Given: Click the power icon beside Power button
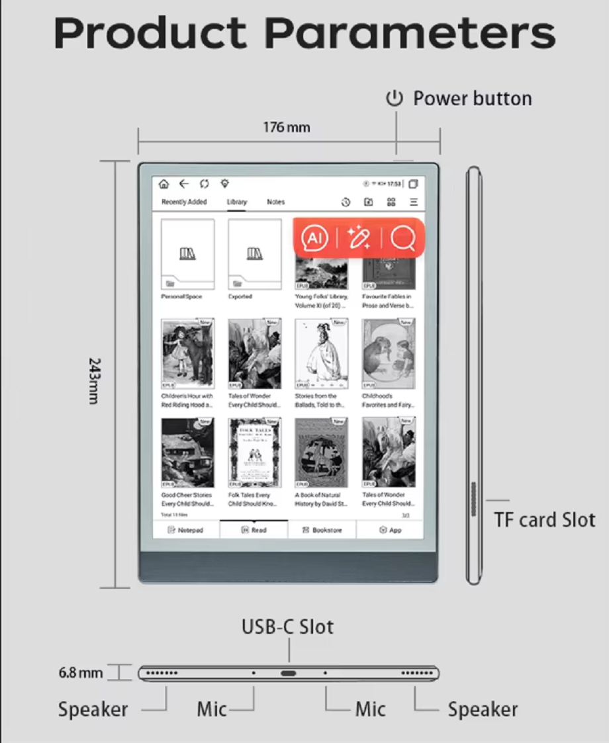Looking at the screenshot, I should click(395, 99).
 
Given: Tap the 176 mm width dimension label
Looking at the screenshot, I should click(287, 127).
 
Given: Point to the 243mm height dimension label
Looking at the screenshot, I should click(94, 381).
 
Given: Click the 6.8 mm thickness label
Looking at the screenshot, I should click(81, 673).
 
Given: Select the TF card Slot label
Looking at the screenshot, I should click(544, 519).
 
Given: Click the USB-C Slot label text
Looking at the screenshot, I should click(287, 626).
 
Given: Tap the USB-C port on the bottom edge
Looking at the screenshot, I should click(289, 674).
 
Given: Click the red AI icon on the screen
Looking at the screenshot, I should click(314, 238).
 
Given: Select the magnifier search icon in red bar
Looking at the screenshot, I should click(402, 238).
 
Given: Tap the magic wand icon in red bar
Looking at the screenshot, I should click(359, 238).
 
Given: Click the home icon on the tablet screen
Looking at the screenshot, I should click(164, 184).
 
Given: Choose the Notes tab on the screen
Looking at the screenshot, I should click(275, 202).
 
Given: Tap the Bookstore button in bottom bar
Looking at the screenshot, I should click(322, 530).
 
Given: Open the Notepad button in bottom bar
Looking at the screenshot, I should click(185, 530).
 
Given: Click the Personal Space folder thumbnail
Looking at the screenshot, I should click(187, 254).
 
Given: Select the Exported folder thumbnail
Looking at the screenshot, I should click(254, 254).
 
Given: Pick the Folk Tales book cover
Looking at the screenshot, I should click(254, 452).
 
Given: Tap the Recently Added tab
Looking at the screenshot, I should click(184, 202).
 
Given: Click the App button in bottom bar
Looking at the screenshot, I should click(391, 530).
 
